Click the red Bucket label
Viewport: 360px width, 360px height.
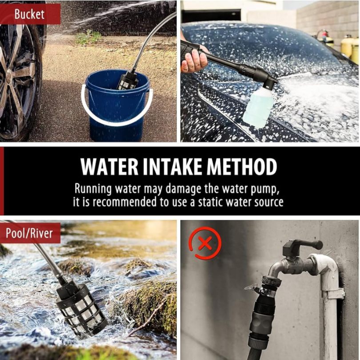(30, 14)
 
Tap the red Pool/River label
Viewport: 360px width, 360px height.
(30, 232)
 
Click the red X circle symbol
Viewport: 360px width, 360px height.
(205, 243)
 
